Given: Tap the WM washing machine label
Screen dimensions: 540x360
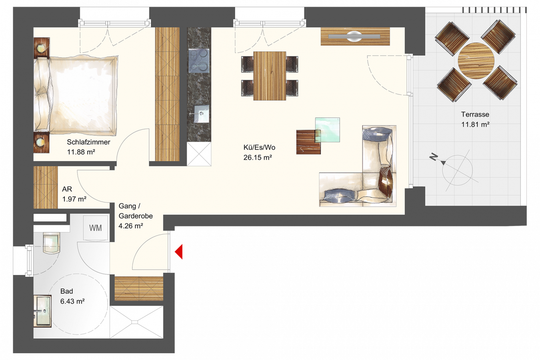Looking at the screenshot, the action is [96, 228].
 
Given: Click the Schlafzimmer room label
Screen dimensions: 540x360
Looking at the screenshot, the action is [88, 142].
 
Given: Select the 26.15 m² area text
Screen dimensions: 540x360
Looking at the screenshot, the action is [258, 158].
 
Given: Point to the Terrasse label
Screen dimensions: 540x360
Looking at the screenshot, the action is [475, 114].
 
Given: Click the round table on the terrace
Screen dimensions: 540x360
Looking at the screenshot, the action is [476, 61].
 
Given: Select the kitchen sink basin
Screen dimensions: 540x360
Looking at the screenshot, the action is [202, 114].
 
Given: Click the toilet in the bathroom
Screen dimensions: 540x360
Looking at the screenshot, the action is [51, 243].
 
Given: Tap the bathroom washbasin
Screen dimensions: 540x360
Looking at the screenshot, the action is [42, 311].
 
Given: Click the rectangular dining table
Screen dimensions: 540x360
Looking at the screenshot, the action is [270, 76].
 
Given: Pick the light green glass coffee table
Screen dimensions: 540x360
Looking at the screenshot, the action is [328, 130].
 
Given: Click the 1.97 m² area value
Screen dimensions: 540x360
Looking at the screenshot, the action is [74, 199].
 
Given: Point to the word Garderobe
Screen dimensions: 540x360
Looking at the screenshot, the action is [136, 216].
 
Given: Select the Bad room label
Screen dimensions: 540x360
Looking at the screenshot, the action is [66, 291].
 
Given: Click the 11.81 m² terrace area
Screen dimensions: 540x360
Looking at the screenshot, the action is [475, 124].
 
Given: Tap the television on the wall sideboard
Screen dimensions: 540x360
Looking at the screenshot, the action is [354, 37].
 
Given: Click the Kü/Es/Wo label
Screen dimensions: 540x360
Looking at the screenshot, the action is [259, 147].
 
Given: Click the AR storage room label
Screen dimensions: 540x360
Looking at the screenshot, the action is [67, 189].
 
